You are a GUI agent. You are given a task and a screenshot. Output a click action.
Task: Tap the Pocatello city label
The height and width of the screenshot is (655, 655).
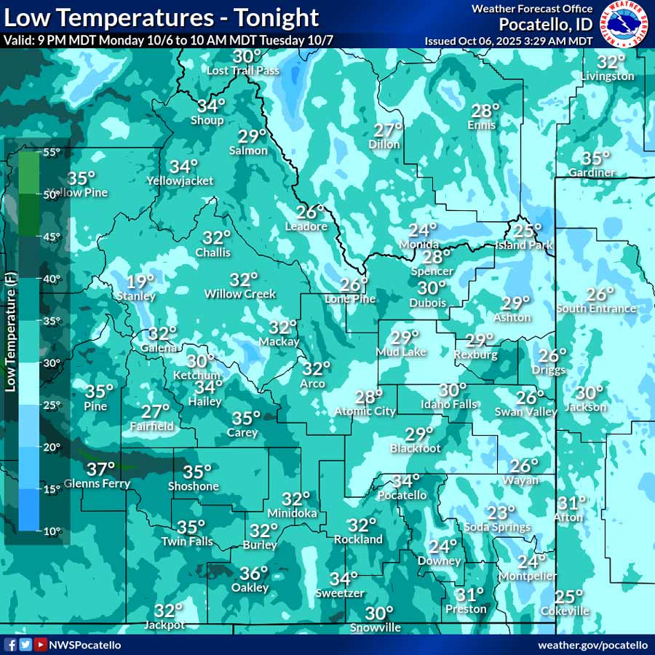coord(402,496)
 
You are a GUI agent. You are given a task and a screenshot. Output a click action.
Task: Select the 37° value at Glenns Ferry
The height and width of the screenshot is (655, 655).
coord(100,469)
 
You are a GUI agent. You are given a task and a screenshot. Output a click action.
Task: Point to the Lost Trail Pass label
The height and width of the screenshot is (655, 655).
coord(243,71)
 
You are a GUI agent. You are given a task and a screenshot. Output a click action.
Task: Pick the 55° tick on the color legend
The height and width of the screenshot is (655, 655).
coord(51,152)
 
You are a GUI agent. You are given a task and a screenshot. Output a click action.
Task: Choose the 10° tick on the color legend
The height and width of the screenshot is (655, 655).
coord(51,531)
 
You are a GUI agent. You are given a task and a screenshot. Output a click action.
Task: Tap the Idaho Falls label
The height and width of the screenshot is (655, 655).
coord(449,405)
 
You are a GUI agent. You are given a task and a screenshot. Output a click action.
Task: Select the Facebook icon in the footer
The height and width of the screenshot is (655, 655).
coord(11,645)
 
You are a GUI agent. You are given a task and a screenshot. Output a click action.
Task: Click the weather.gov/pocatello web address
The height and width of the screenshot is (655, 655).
coord(592,645)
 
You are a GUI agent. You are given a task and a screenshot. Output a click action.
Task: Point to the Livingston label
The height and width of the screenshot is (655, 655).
coord(608,76)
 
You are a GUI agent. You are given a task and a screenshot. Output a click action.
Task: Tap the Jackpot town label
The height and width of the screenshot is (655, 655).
coord(164,625)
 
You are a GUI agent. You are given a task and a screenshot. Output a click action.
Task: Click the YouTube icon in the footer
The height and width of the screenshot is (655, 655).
coord(41,645)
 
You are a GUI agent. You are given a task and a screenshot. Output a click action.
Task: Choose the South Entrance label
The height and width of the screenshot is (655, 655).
coord(596,309)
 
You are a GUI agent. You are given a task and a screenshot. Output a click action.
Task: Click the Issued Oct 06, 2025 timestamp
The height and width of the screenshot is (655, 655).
coord(509,41)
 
